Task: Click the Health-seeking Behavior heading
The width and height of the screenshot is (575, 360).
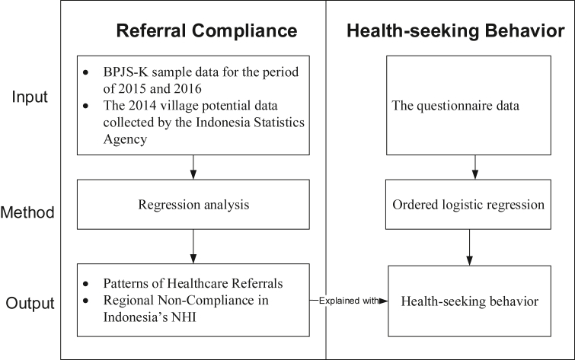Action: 455,31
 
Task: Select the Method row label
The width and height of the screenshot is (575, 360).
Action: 30,212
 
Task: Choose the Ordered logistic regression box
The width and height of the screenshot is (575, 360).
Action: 475,205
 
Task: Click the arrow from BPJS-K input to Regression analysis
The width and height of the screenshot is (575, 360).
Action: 193,167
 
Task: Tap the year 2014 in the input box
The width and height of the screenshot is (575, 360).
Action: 137,105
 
